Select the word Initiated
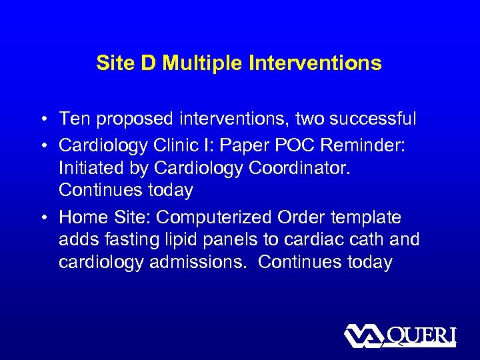pos(94,167)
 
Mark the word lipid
pos(186,239)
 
